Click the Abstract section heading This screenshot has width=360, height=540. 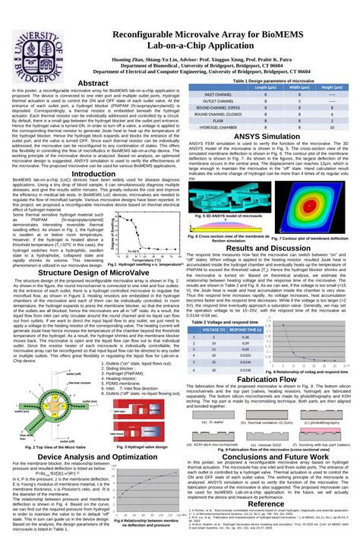(93, 83)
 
